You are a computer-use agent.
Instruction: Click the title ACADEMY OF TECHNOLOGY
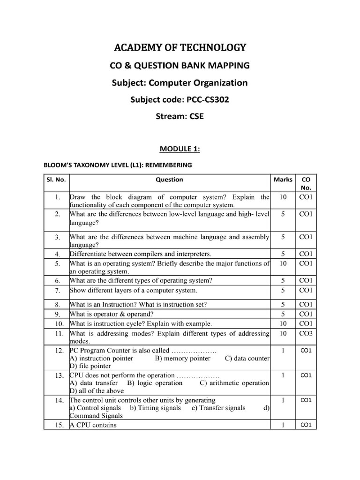(180, 47)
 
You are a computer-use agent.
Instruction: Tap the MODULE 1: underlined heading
(180, 149)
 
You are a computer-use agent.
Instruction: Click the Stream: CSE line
(180, 117)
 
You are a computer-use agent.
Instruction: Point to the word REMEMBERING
(170, 165)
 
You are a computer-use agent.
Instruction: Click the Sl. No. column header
(56, 180)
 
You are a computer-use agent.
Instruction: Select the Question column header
(169, 180)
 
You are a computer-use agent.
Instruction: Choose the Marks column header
(283, 180)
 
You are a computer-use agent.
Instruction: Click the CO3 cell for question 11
(306, 333)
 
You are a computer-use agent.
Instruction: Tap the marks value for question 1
(283, 197)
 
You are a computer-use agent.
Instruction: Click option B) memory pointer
(182, 358)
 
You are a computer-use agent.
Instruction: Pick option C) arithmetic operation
(234, 383)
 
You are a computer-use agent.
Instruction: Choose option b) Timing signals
(155, 408)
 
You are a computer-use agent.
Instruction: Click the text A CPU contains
(93, 425)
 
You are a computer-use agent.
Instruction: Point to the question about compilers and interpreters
(141, 254)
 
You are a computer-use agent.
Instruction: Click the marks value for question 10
(283, 323)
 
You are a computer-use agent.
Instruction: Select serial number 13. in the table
(56, 376)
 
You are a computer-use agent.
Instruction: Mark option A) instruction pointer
(101, 358)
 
